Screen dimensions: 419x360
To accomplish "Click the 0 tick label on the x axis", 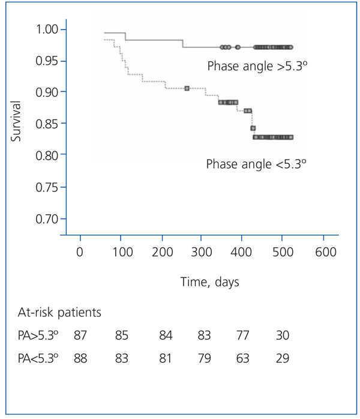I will click(x=80, y=252).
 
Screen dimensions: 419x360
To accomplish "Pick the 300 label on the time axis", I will click(x=202, y=252).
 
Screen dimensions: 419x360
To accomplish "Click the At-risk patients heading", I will click(x=58, y=313).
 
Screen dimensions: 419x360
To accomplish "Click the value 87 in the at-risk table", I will click(x=80, y=336).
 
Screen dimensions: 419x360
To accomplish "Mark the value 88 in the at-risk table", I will click(x=80, y=358).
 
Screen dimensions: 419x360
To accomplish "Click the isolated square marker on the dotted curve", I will click(x=187, y=88).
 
